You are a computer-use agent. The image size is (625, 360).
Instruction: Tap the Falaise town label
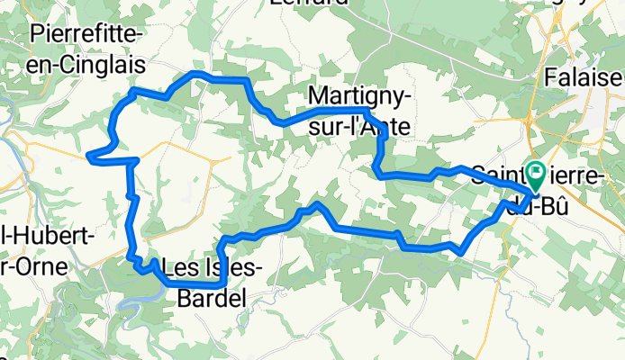pos(584,78)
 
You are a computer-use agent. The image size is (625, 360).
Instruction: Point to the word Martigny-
pos(360,94)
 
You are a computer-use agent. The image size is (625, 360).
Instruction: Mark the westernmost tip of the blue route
pos(88,157)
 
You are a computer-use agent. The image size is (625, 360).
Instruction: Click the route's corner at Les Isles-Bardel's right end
pos(224,283)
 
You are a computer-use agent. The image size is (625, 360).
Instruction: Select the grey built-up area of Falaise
pos(603,99)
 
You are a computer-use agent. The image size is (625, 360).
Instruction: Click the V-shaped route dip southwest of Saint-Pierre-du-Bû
pos(461,252)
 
